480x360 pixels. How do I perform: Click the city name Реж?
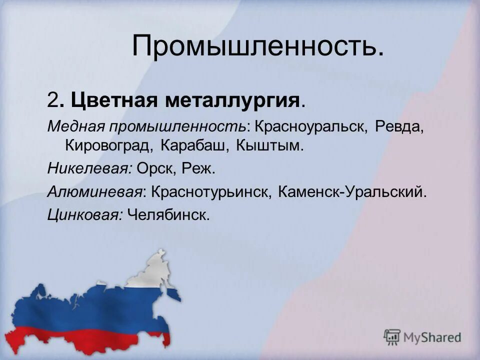pyautogui.click(x=199, y=168)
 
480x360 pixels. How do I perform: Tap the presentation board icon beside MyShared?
pyautogui.click(x=392, y=337)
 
